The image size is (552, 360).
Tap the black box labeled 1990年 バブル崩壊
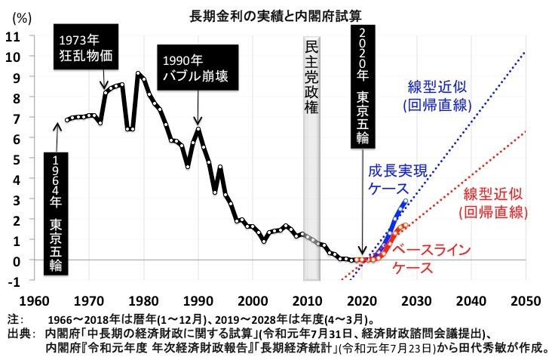198,66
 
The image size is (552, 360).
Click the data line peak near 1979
139,73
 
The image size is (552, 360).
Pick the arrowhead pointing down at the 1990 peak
198,121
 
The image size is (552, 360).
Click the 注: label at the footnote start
14,318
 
